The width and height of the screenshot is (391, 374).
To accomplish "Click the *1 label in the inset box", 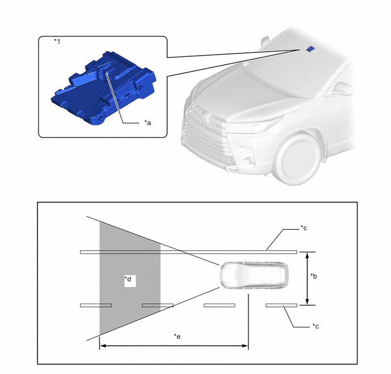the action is [x=57, y=41].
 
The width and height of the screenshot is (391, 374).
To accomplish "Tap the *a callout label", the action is [x=148, y=123].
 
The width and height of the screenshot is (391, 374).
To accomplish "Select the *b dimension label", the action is [x=314, y=276].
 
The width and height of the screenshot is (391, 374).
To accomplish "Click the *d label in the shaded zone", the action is [x=128, y=279].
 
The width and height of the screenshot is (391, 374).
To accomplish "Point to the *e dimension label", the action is [x=177, y=336].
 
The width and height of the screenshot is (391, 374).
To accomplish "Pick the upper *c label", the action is [x=303, y=228].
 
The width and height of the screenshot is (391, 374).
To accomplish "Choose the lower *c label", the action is [x=315, y=326].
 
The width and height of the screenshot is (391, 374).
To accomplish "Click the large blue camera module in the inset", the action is [x=103, y=89].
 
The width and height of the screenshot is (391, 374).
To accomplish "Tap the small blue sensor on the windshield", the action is [x=310, y=49].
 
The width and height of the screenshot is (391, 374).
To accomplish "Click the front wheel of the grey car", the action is [x=298, y=159].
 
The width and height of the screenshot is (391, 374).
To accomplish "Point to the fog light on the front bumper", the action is [x=249, y=159].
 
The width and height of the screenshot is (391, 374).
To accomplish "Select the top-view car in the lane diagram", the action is [x=254, y=275].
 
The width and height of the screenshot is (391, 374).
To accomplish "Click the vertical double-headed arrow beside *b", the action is [x=307, y=279].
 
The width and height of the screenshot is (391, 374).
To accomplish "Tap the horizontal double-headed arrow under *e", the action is [x=174, y=346].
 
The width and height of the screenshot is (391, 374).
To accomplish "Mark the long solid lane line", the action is [x=189, y=252].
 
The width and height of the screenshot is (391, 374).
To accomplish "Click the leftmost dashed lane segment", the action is [x=95, y=305].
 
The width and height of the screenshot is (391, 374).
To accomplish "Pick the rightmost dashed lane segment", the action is [x=281, y=305].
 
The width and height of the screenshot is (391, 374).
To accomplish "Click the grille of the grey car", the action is [x=205, y=140].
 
